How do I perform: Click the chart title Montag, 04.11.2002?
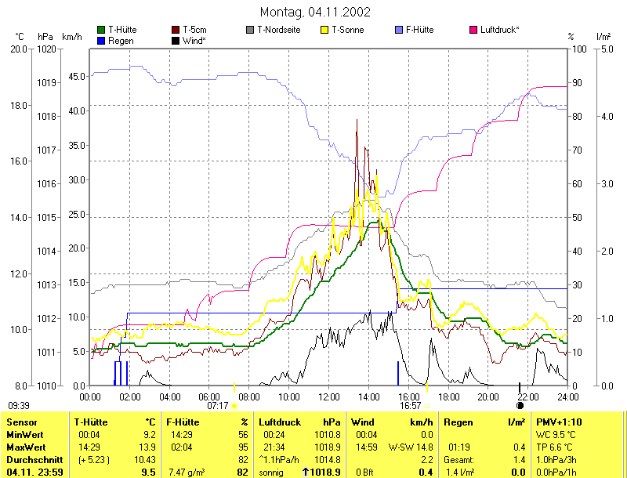tap(314, 13)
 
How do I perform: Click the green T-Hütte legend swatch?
tap(101, 30)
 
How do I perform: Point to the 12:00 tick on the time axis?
tap(328, 397)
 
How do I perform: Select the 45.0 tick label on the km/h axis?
tap(77, 77)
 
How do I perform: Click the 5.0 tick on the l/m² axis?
tap(606, 49)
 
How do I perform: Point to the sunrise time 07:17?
tap(218, 406)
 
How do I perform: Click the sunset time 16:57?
tap(411, 406)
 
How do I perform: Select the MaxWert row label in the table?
tap(24, 446)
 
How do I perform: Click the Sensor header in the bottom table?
tap(22, 422)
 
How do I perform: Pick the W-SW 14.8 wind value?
tap(415, 446)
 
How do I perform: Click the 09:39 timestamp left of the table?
tap(19, 406)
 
